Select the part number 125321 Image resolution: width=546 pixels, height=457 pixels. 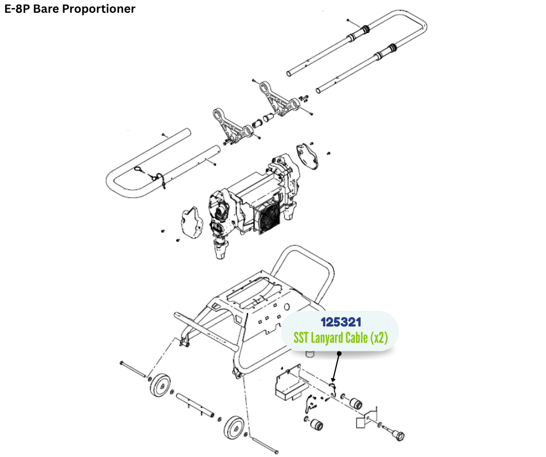pyautogui.click(x=340, y=321)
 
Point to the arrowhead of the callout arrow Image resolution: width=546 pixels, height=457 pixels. pyautogui.click(x=333, y=382)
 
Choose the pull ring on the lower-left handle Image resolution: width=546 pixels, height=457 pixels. pyautogui.click(x=139, y=169)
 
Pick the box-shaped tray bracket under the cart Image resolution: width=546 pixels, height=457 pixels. pyautogui.click(x=289, y=385)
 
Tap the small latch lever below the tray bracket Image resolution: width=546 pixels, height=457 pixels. pyautogui.click(x=312, y=401)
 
